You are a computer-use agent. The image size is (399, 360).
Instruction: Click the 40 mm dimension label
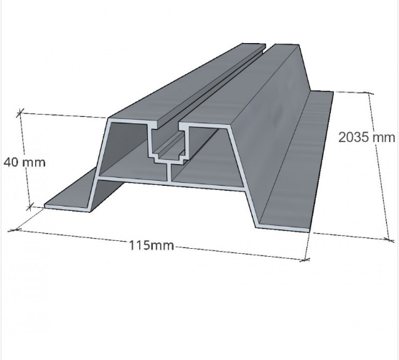(x=24, y=163)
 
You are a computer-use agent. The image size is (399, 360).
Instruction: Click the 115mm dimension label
(x=152, y=245)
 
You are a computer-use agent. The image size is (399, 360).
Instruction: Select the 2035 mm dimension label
(x=367, y=138)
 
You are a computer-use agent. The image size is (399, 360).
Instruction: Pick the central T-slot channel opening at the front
(x=169, y=143)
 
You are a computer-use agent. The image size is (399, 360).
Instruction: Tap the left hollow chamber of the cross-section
(x=127, y=153)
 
